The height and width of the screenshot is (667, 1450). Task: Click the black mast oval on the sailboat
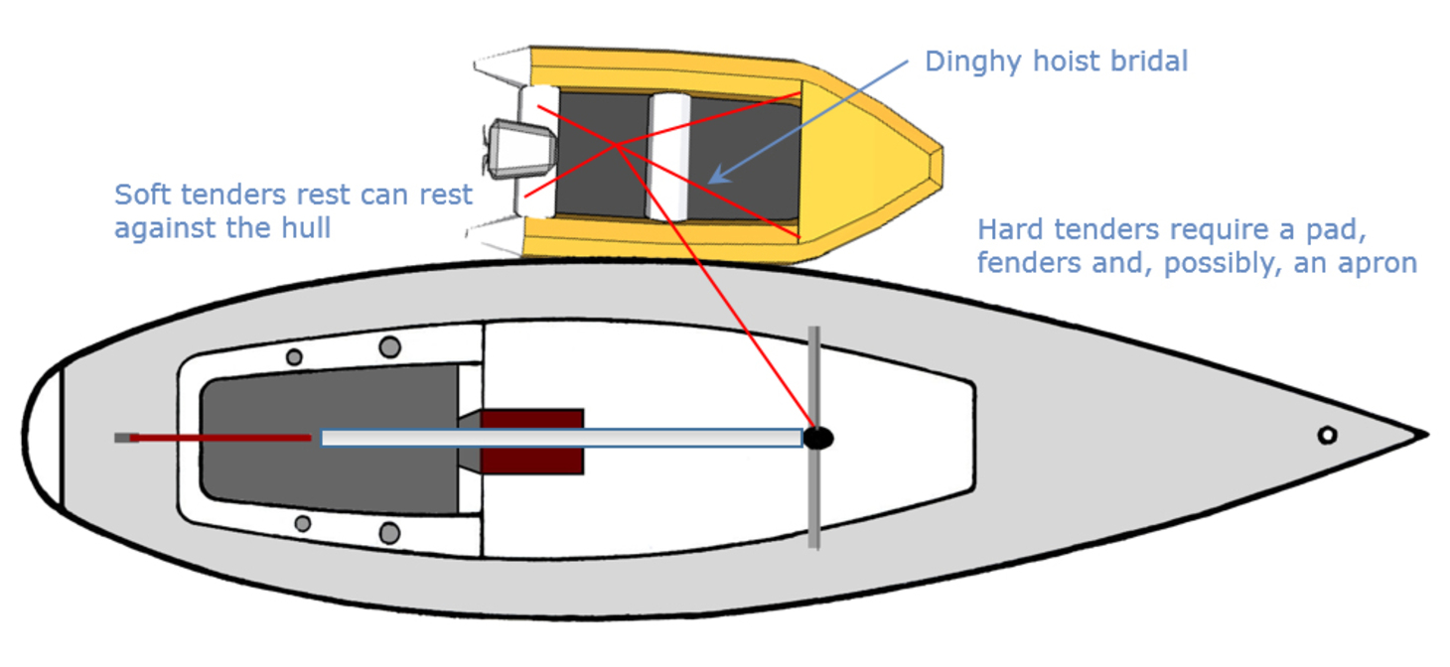click(817, 438)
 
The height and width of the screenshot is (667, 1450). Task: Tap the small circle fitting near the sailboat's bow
click(1326, 435)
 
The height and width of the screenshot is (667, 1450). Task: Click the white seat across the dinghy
click(668, 156)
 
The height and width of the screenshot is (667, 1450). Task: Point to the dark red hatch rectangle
click(532, 442)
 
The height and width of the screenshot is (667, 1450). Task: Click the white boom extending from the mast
click(561, 438)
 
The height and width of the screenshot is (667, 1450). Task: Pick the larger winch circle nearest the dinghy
click(390, 346)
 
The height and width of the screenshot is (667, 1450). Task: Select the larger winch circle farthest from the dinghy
click(389, 533)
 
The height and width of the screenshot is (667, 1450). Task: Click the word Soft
click(140, 195)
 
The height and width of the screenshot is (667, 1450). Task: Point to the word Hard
click(1010, 230)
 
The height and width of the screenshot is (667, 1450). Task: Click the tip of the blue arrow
click(712, 182)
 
